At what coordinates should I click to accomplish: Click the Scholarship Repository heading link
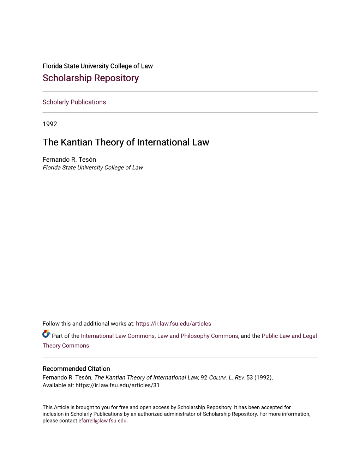pyautogui.click(x=90, y=78)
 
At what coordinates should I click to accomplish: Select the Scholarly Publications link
pyautogui.click(x=74, y=102)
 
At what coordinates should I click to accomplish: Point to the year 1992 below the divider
pyautogui.click(x=50, y=124)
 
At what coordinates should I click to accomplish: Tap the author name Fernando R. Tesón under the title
pyautogui.click(x=69, y=160)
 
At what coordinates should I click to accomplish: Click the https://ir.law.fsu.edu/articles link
pyautogui.click(x=173, y=324)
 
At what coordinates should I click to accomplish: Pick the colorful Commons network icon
pyautogui.click(x=46, y=334)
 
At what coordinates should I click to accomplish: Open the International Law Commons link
pyautogui.click(x=118, y=336)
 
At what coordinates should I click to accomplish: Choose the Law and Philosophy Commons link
pyautogui.click(x=198, y=336)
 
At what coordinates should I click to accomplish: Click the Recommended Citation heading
pyautogui.click(x=76, y=369)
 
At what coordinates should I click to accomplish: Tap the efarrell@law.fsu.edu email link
pyautogui.click(x=102, y=421)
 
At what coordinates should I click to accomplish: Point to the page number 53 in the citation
pyautogui.click(x=250, y=377)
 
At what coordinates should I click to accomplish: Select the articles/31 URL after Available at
pyautogui.click(x=118, y=386)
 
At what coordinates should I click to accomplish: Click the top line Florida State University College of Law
pyautogui.click(x=97, y=66)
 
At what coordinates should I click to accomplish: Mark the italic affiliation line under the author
pyautogui.click(x=93, y=168)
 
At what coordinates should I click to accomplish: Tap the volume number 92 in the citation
pyautogui.click(x=204, y=377)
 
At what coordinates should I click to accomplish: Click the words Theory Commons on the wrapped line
pyautogui.click(x=66, y=346)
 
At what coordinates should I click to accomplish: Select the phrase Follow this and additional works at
pyautogui.click(x=88, y=324)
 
